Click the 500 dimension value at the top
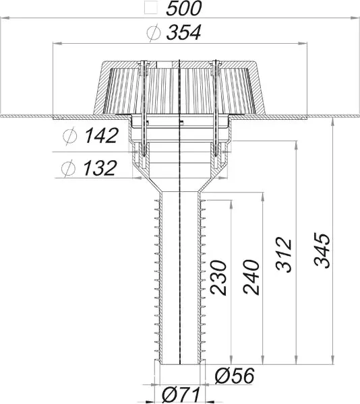pos(183,9)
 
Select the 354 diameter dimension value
pos(183,33)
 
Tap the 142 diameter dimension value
pos(101,135)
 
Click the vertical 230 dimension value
pos(218,278)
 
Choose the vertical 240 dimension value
pos(251,277)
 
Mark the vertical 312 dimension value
pos(284,255)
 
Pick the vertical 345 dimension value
pos(322,250)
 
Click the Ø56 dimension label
pos(235,376)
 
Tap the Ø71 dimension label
pos(181,395)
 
